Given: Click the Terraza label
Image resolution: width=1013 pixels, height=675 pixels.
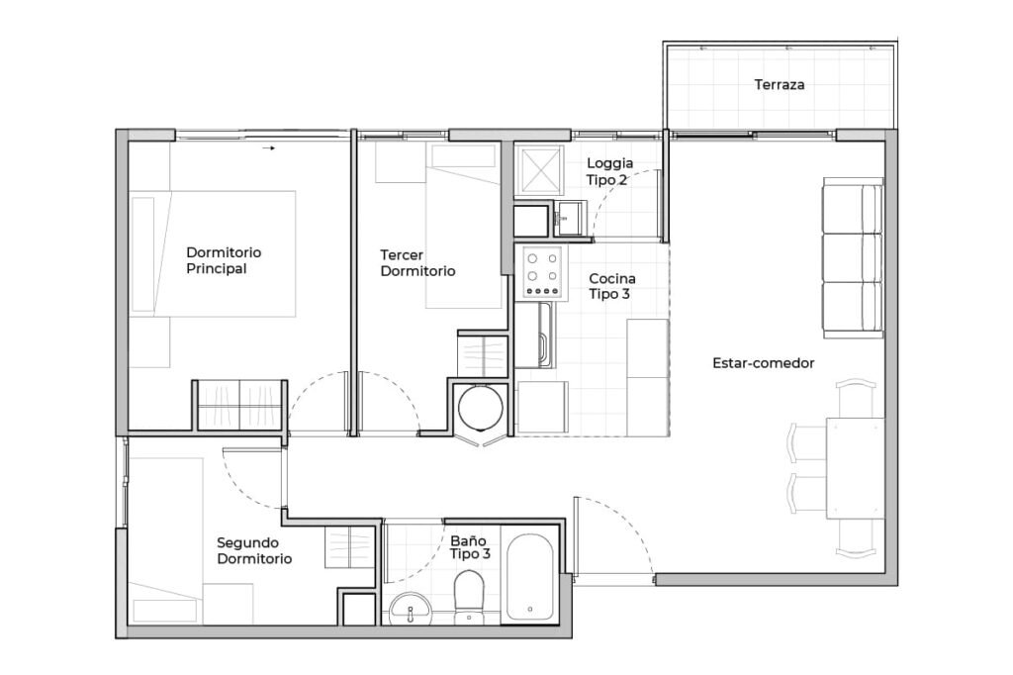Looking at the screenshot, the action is click(x=780, y=85).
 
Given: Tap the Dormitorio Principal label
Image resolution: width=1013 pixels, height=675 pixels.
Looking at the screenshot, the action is click(x=224, y=260).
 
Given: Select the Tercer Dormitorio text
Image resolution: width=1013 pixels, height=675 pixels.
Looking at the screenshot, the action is click(x=417, y=263).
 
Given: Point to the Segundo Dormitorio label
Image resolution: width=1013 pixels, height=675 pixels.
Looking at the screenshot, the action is click(x=254, y=551).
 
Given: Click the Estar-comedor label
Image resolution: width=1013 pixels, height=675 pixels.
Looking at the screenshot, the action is click(x=764, y=363).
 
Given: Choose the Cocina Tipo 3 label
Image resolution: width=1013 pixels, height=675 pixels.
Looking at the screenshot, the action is click(x=611, y=286).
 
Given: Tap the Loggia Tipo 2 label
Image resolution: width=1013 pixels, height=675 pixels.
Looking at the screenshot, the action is click(x=609, y=171).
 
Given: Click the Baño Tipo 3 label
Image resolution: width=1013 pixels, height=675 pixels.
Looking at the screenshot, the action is click(x=470, y=547).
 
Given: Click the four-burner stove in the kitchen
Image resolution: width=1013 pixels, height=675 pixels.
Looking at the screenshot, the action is click(x=541, y=274).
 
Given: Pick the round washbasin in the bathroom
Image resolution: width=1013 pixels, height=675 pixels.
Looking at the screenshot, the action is click(x=411, y=609).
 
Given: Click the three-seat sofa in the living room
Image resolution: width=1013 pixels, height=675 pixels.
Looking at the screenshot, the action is click(x=853, y=258).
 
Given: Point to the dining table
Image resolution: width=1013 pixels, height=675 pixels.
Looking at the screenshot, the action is click(x=856, y=468).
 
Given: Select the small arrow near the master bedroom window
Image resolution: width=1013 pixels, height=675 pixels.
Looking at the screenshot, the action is click(x=269, y=148).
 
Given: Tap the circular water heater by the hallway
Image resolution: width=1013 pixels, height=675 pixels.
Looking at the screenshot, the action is click(x=481, y=409).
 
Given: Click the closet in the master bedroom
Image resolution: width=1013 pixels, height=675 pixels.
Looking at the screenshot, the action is click(x=240, y=406).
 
